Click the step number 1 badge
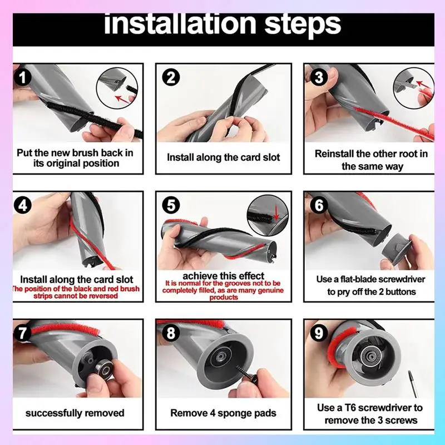coord(23,77)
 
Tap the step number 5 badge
coord(171,205)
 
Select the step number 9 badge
coord(319,332)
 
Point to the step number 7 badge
coord(23,332)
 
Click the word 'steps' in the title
coord(303,26)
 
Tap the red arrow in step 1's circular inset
coord(122,99)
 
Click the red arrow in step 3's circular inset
coord(423,85)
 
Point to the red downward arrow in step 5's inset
coord(276,214)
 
